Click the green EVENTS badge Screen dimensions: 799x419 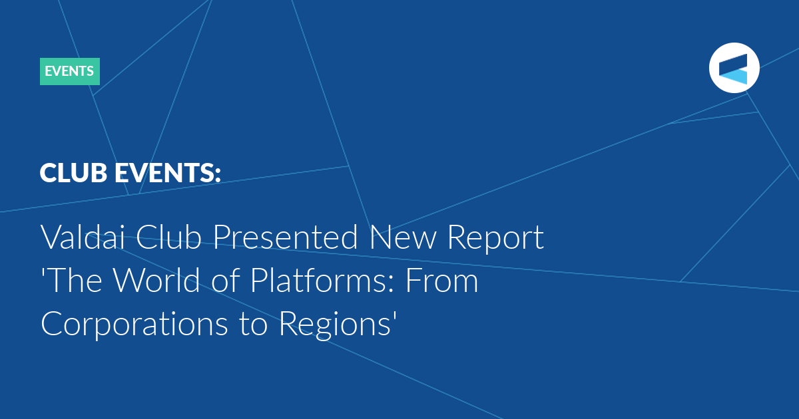[x=70, y=71]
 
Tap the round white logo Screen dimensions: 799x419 [x=734, y=68]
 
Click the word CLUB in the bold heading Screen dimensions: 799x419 [x=73, y=173]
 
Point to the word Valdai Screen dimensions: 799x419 [x=83, y=237]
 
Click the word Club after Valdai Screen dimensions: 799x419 [x=168, y=237]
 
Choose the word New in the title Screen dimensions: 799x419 [x=403, y=237]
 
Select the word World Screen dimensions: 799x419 [x=156, y=280]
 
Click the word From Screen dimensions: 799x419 [x=442, y=281]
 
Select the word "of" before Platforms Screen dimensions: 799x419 [x=225, y=280]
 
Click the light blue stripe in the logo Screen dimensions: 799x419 [x=733, y=77]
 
